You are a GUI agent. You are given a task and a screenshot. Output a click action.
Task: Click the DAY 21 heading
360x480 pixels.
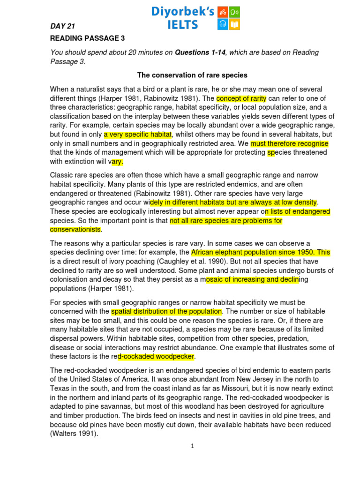point(62,26)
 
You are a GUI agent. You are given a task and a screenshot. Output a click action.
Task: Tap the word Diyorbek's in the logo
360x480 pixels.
point(182,11)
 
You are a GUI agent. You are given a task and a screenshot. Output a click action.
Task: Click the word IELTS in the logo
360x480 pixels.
point(183,24)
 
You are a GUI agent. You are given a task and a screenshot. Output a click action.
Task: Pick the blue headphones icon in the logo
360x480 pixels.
point(223,24)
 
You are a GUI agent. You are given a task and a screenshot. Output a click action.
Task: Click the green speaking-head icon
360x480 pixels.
point(235,12)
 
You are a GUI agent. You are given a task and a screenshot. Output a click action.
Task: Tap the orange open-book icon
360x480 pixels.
point(235,24)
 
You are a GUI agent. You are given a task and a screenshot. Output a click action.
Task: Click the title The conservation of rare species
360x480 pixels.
point(192,75)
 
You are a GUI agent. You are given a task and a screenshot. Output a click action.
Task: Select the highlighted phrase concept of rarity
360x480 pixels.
point(241,98)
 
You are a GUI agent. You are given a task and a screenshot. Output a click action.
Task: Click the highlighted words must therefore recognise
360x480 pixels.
point(289,143)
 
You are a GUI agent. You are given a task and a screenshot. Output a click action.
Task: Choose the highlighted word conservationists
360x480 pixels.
point(75,230)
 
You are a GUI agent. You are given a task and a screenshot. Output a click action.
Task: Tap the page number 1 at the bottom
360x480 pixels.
point(192,446)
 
